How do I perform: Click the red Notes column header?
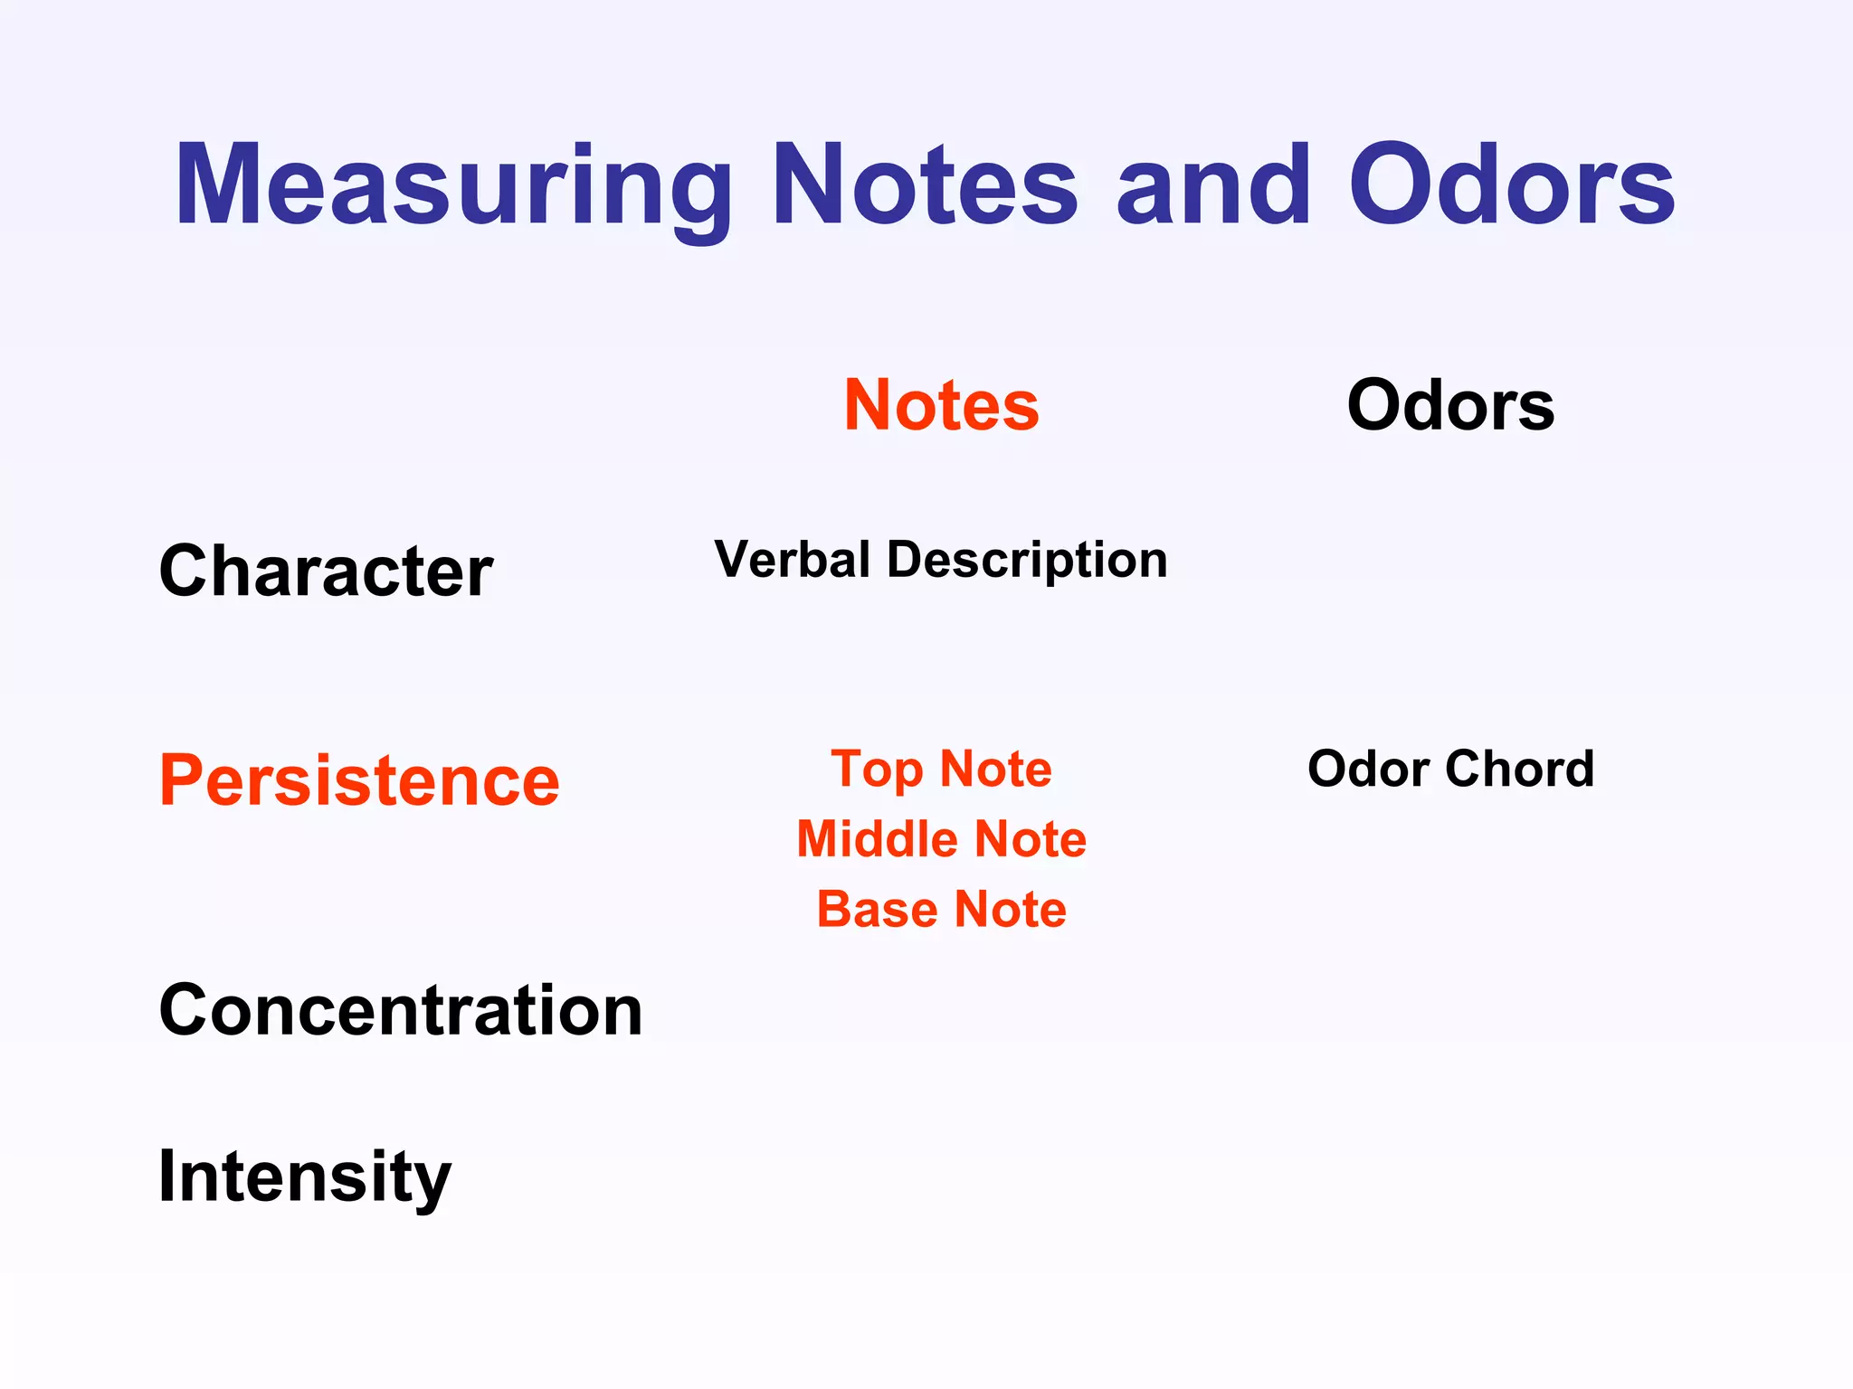point(941,405)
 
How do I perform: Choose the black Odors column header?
point(1450,405)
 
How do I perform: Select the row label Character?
point(326,572)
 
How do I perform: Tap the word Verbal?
point(792,559)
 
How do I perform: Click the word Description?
point(1027,561)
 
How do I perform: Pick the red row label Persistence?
point(359,780)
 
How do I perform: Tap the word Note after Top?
point(995,770)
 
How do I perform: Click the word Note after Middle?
point(1030,839)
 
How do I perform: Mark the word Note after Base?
point(1010,909)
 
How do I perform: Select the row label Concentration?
point(400,1010)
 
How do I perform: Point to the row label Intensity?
point(304,1176)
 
